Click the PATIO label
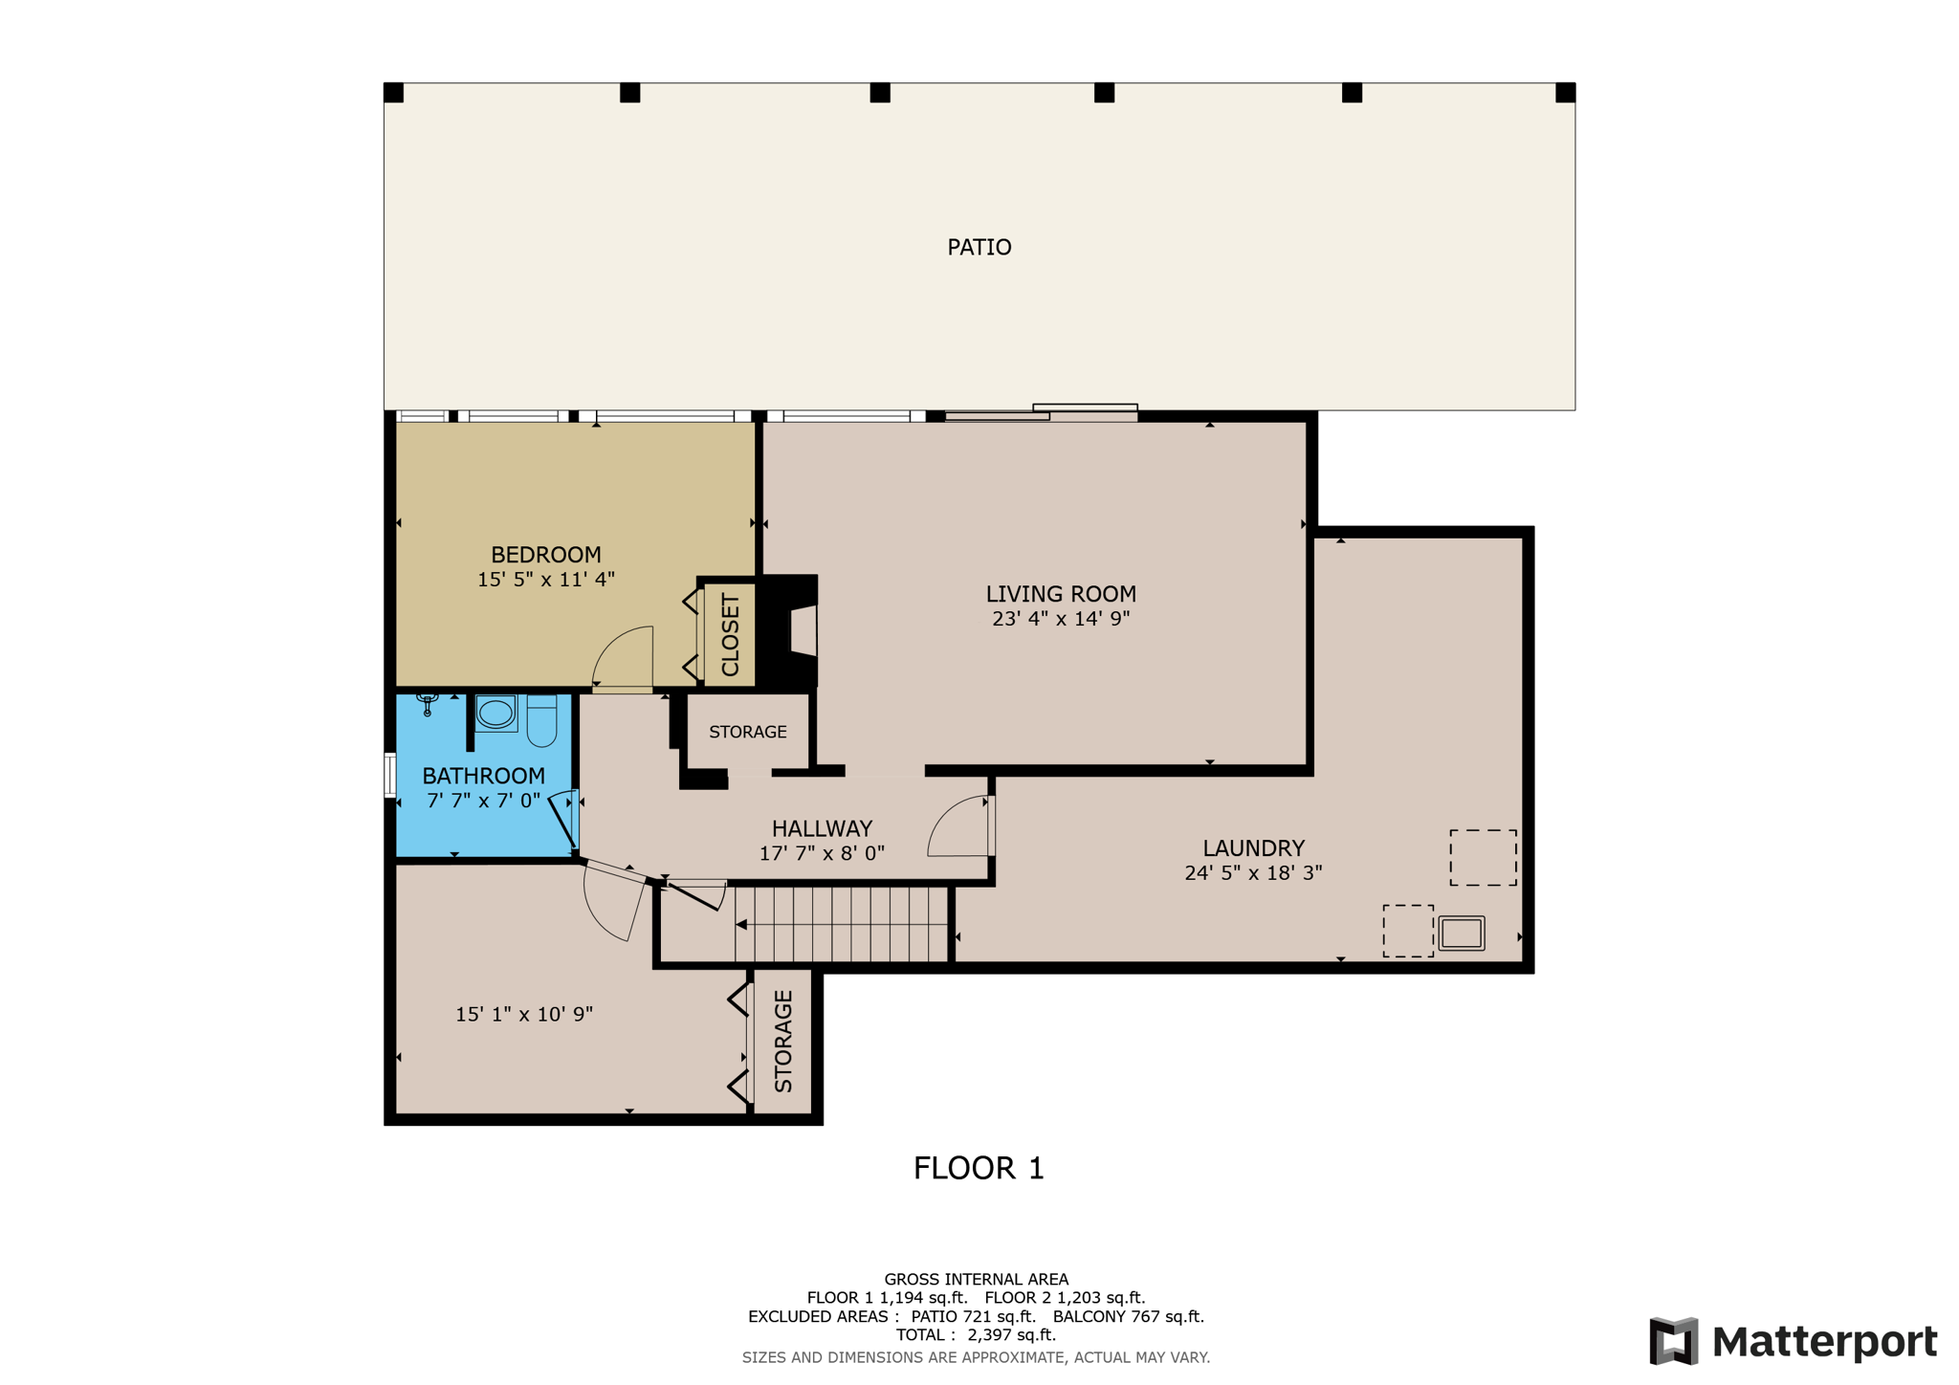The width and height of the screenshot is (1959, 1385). (979, 248)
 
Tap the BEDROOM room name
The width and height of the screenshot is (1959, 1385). (545, 555)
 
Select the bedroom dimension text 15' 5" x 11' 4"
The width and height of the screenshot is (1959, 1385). (545, 579)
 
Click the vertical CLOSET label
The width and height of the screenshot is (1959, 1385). (730, 635)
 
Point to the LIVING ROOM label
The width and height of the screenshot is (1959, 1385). (1061, 594)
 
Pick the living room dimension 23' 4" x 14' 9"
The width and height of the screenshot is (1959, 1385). (1061, 619)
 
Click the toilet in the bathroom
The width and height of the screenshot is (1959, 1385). (541, 720)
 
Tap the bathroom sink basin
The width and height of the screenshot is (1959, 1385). (495, 713)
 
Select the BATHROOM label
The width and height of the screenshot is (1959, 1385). (483, 776)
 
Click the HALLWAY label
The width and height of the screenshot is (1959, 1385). (822, 828)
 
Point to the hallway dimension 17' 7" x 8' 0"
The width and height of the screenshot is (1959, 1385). (822, 853)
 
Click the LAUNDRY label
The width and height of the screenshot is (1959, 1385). (1253, 848)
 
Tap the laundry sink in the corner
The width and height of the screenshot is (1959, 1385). (1462, 933)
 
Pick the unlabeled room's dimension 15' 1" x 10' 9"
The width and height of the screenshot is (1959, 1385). (524, 1014)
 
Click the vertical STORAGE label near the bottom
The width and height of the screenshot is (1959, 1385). (783, 1042)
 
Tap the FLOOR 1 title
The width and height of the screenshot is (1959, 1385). (979, 1169)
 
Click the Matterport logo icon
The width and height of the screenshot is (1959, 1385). (1674, 1341)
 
